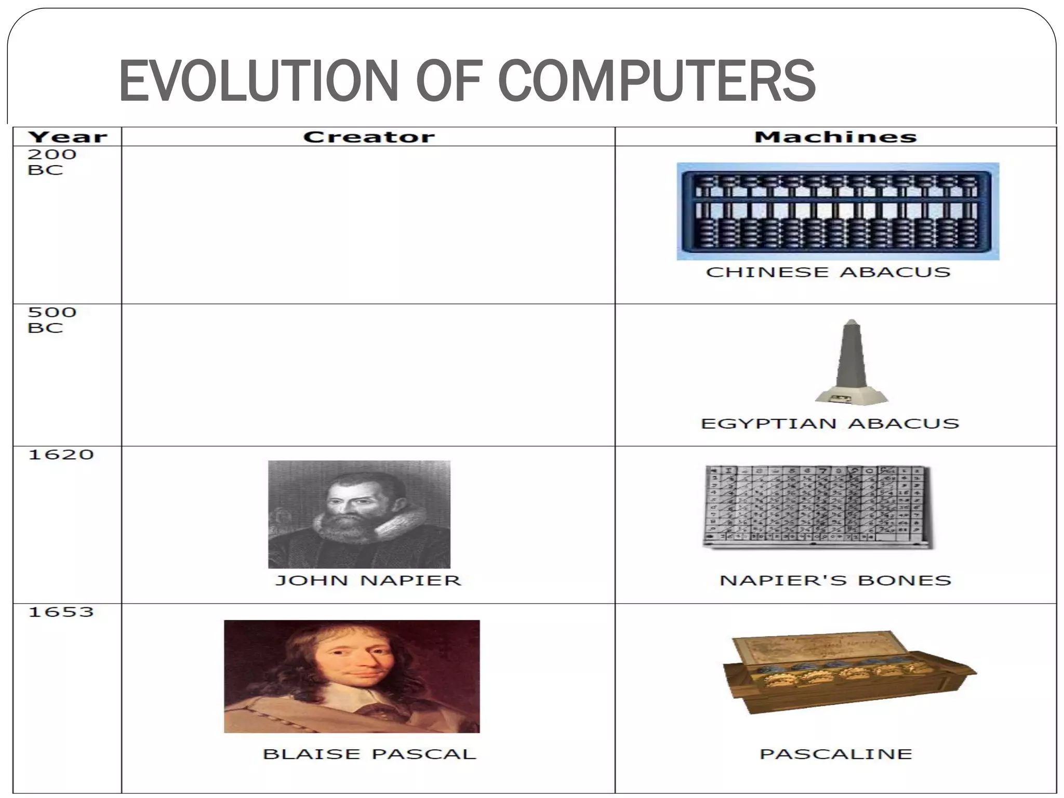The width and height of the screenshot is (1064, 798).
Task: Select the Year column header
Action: point(68,137)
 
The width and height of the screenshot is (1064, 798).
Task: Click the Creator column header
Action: point(368,137)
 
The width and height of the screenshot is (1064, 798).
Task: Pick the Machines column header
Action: point(835,137)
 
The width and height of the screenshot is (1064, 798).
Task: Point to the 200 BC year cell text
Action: point(51,162)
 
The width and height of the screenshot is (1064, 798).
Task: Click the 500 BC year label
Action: point(51,320)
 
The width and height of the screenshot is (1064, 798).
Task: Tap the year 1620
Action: point(61,455)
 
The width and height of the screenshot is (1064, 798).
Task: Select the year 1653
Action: point(61,612)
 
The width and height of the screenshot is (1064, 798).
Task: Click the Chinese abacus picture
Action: point(837,211)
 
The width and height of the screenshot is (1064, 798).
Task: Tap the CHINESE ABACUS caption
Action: point(828,272)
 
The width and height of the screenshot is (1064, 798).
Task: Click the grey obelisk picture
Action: point(851,362)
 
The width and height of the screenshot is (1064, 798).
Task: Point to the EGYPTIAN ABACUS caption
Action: point(830,423)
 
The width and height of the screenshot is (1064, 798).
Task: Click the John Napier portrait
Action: point(359,514)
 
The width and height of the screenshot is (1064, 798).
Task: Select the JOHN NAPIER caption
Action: point(368,580)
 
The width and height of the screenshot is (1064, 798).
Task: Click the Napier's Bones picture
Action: point(817,507)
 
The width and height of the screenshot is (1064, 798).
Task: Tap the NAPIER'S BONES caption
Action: point(835,580)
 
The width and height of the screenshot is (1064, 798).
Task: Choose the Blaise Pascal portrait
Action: point(352,676)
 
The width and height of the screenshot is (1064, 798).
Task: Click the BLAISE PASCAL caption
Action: point(369,754)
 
